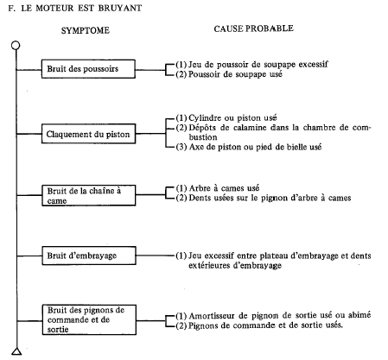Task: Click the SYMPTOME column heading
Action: [x=86, y=30]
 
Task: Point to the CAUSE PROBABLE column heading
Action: [x=254, y=28]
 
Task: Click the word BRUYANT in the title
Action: [x=120, y=8]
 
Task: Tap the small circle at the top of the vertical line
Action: [x=16, y=45]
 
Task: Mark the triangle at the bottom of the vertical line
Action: [x=16, y=351]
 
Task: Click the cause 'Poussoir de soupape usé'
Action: [x=235, y=74]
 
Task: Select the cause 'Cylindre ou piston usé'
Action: [x=232, y=118]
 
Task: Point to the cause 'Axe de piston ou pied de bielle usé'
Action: [x=255, y=147]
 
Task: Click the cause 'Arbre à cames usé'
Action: [x=224, y=188]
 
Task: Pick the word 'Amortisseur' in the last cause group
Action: [x=212, y=316]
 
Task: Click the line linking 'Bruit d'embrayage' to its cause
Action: [x=156, y=256]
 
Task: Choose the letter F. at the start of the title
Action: [x=11, y=8]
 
